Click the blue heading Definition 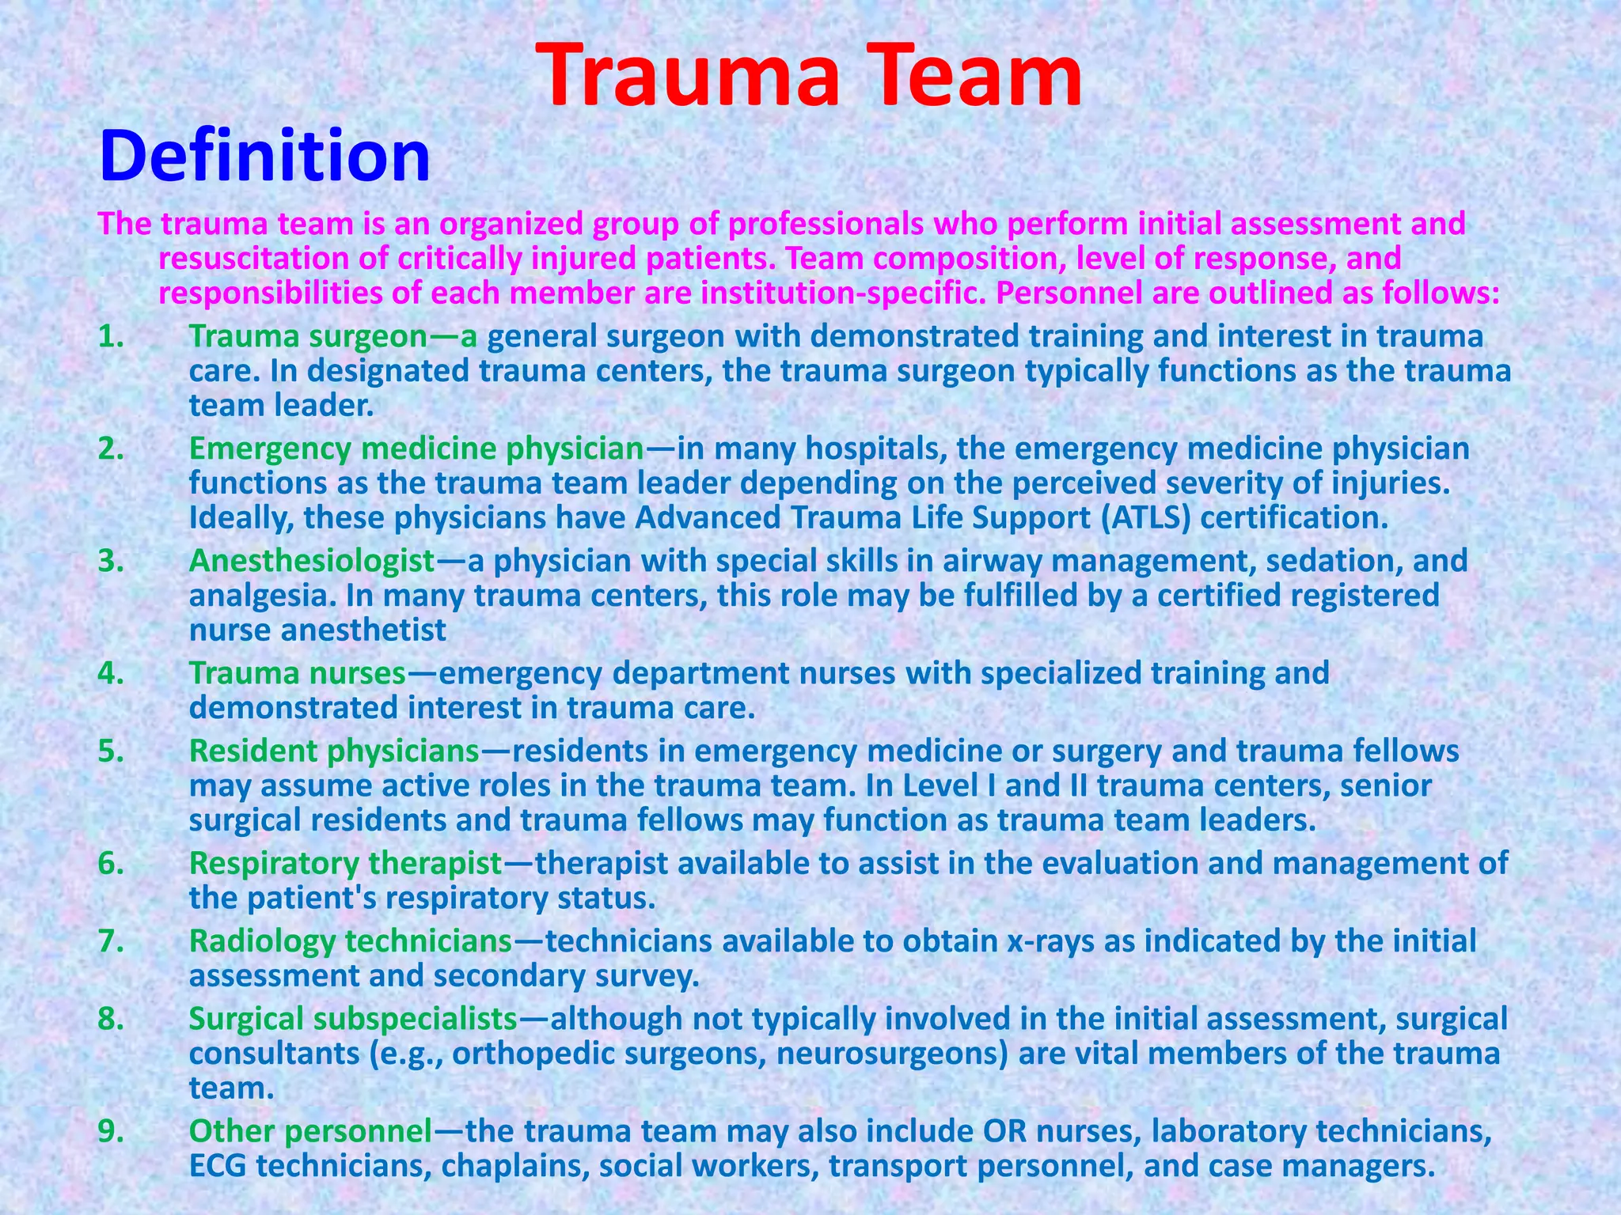(264, 156)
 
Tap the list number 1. (111, 337)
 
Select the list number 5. (112, 751)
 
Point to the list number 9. (112, 1131)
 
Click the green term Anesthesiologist (312, 561)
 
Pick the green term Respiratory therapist (346, 863)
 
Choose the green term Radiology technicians (351, 941)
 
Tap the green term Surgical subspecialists (353, 1019)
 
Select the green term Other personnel (310, 1131)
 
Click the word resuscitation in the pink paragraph (253, 259)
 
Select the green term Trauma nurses (297, 673)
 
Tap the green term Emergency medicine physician (416, 449)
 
